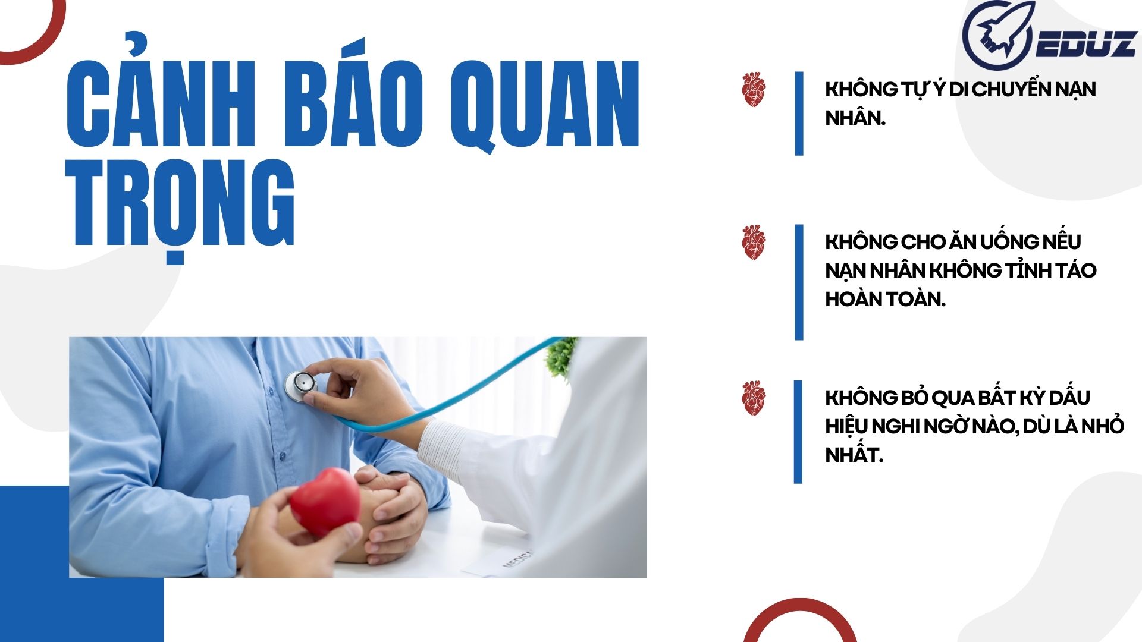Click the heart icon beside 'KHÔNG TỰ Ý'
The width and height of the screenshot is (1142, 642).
tap(754, 90)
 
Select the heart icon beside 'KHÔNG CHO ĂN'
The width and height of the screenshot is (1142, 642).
tap(754, 242)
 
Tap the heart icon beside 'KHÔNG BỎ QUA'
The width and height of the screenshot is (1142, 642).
tap(754, 398)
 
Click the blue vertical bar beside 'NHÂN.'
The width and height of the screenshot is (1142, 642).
tap(799, 114)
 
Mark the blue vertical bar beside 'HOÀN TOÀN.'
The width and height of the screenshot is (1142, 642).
tap(799, 282)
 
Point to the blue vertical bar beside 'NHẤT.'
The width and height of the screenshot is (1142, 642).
tap(798, 432)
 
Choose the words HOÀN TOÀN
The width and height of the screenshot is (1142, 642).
tap(885, 299)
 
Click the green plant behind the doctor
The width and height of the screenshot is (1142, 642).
tap(561, 357)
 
